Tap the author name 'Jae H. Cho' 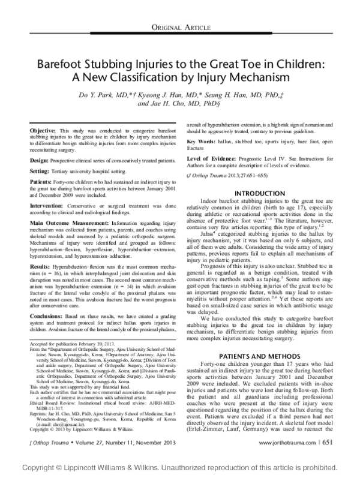(163, 103)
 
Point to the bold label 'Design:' (38, 161)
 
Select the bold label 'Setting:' (39, 172)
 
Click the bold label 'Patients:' (40, 182)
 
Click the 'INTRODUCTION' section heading (261, 193)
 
